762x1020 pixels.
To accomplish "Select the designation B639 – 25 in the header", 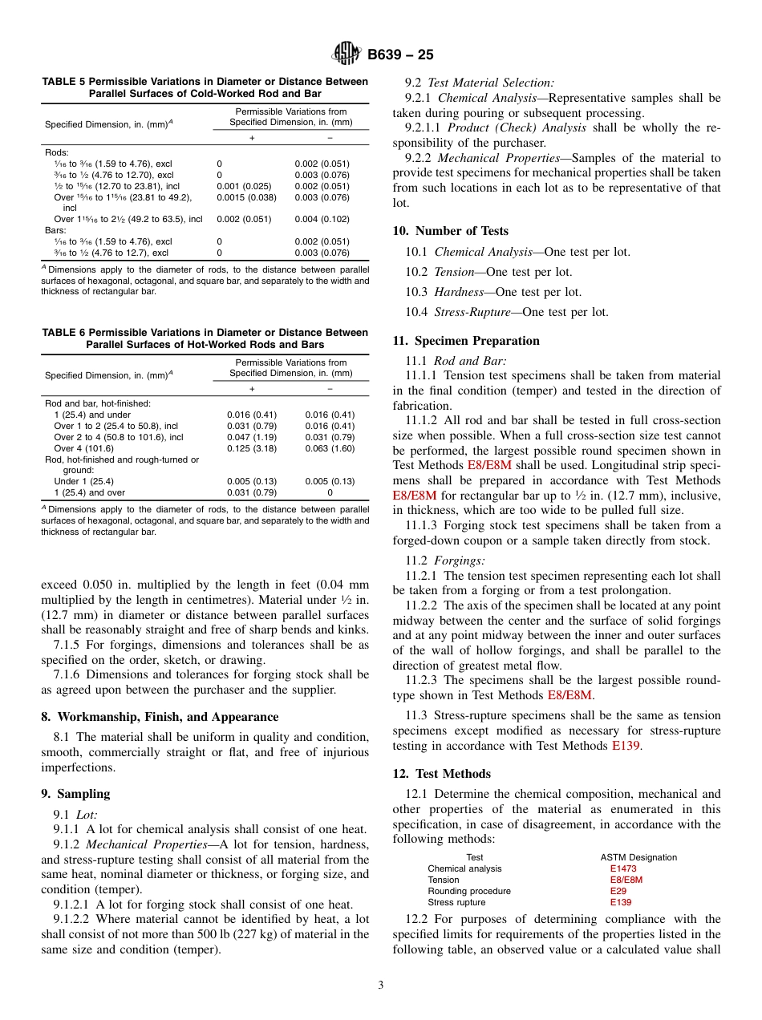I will [x=400, y=55].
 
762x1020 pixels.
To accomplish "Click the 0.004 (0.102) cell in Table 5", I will [x=322, y=219].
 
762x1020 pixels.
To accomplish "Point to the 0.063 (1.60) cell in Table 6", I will [x=330, y=448].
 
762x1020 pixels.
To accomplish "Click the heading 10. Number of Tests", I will [x=450, y=231].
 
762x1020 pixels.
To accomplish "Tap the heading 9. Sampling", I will [x=75, y=794].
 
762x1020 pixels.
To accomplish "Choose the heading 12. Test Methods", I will [x=441, y=774].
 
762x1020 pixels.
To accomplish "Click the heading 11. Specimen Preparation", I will [x=465, y=341].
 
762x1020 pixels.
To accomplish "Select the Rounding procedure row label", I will [x=468, y=891].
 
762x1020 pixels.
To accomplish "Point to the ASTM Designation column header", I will [x=638, y=857].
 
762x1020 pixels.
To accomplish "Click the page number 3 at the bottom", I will [x=380, y=986].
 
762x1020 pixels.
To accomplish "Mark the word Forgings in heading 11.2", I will [x=462, y=561].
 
